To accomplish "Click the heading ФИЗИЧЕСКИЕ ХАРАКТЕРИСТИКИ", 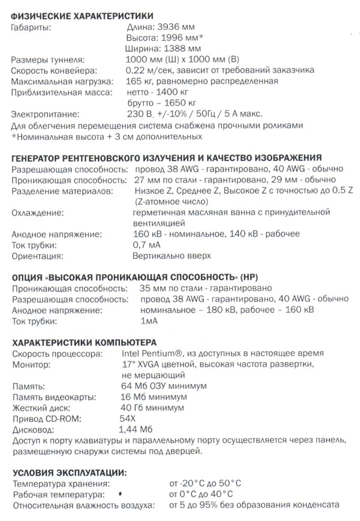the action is click(x=82, y=16).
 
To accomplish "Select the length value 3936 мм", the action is click(x=176, y=27).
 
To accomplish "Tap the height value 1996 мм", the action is click(x=179, y=38).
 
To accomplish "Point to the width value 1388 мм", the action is click(x=182, y=49).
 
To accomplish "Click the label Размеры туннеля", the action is click(x=48, y=60).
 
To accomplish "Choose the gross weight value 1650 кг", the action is click(x=181, y=103).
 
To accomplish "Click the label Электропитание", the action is click(x=45, y=114).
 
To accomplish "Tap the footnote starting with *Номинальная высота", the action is click(x=107, y=137).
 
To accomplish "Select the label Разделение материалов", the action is click(x=62, y=191).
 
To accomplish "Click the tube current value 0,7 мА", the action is click(x=146, y=245).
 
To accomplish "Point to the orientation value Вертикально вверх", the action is click(x=172, y=256).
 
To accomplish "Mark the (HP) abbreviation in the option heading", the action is click(x=250, y=277).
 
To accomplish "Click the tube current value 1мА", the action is click(x=149, y=321).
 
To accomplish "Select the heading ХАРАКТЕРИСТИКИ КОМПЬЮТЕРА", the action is click(x=85, y=343).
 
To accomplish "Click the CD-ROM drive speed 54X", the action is click(x=128, y=419).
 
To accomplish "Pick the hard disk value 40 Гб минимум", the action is click(x=152, y=408).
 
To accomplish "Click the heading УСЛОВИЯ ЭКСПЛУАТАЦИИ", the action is click(x=70, y=473).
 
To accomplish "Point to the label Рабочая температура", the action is click(x=59, y=495).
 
